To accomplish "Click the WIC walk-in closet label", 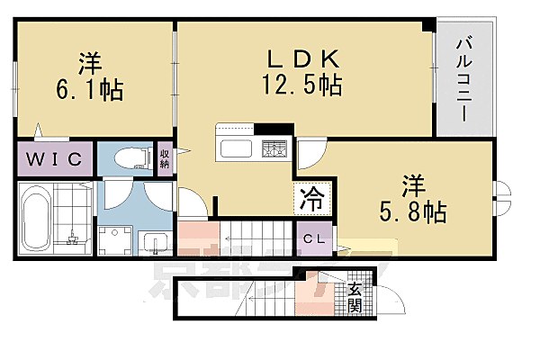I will coord(53,159).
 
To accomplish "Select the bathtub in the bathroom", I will coord(36,219).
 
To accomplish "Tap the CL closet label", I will coord(313,239).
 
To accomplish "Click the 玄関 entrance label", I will coord(355,296).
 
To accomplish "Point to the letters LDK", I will coord(301,58).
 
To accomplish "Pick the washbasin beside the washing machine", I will coord(151,241).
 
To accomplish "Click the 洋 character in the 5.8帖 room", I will coord(413,185).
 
